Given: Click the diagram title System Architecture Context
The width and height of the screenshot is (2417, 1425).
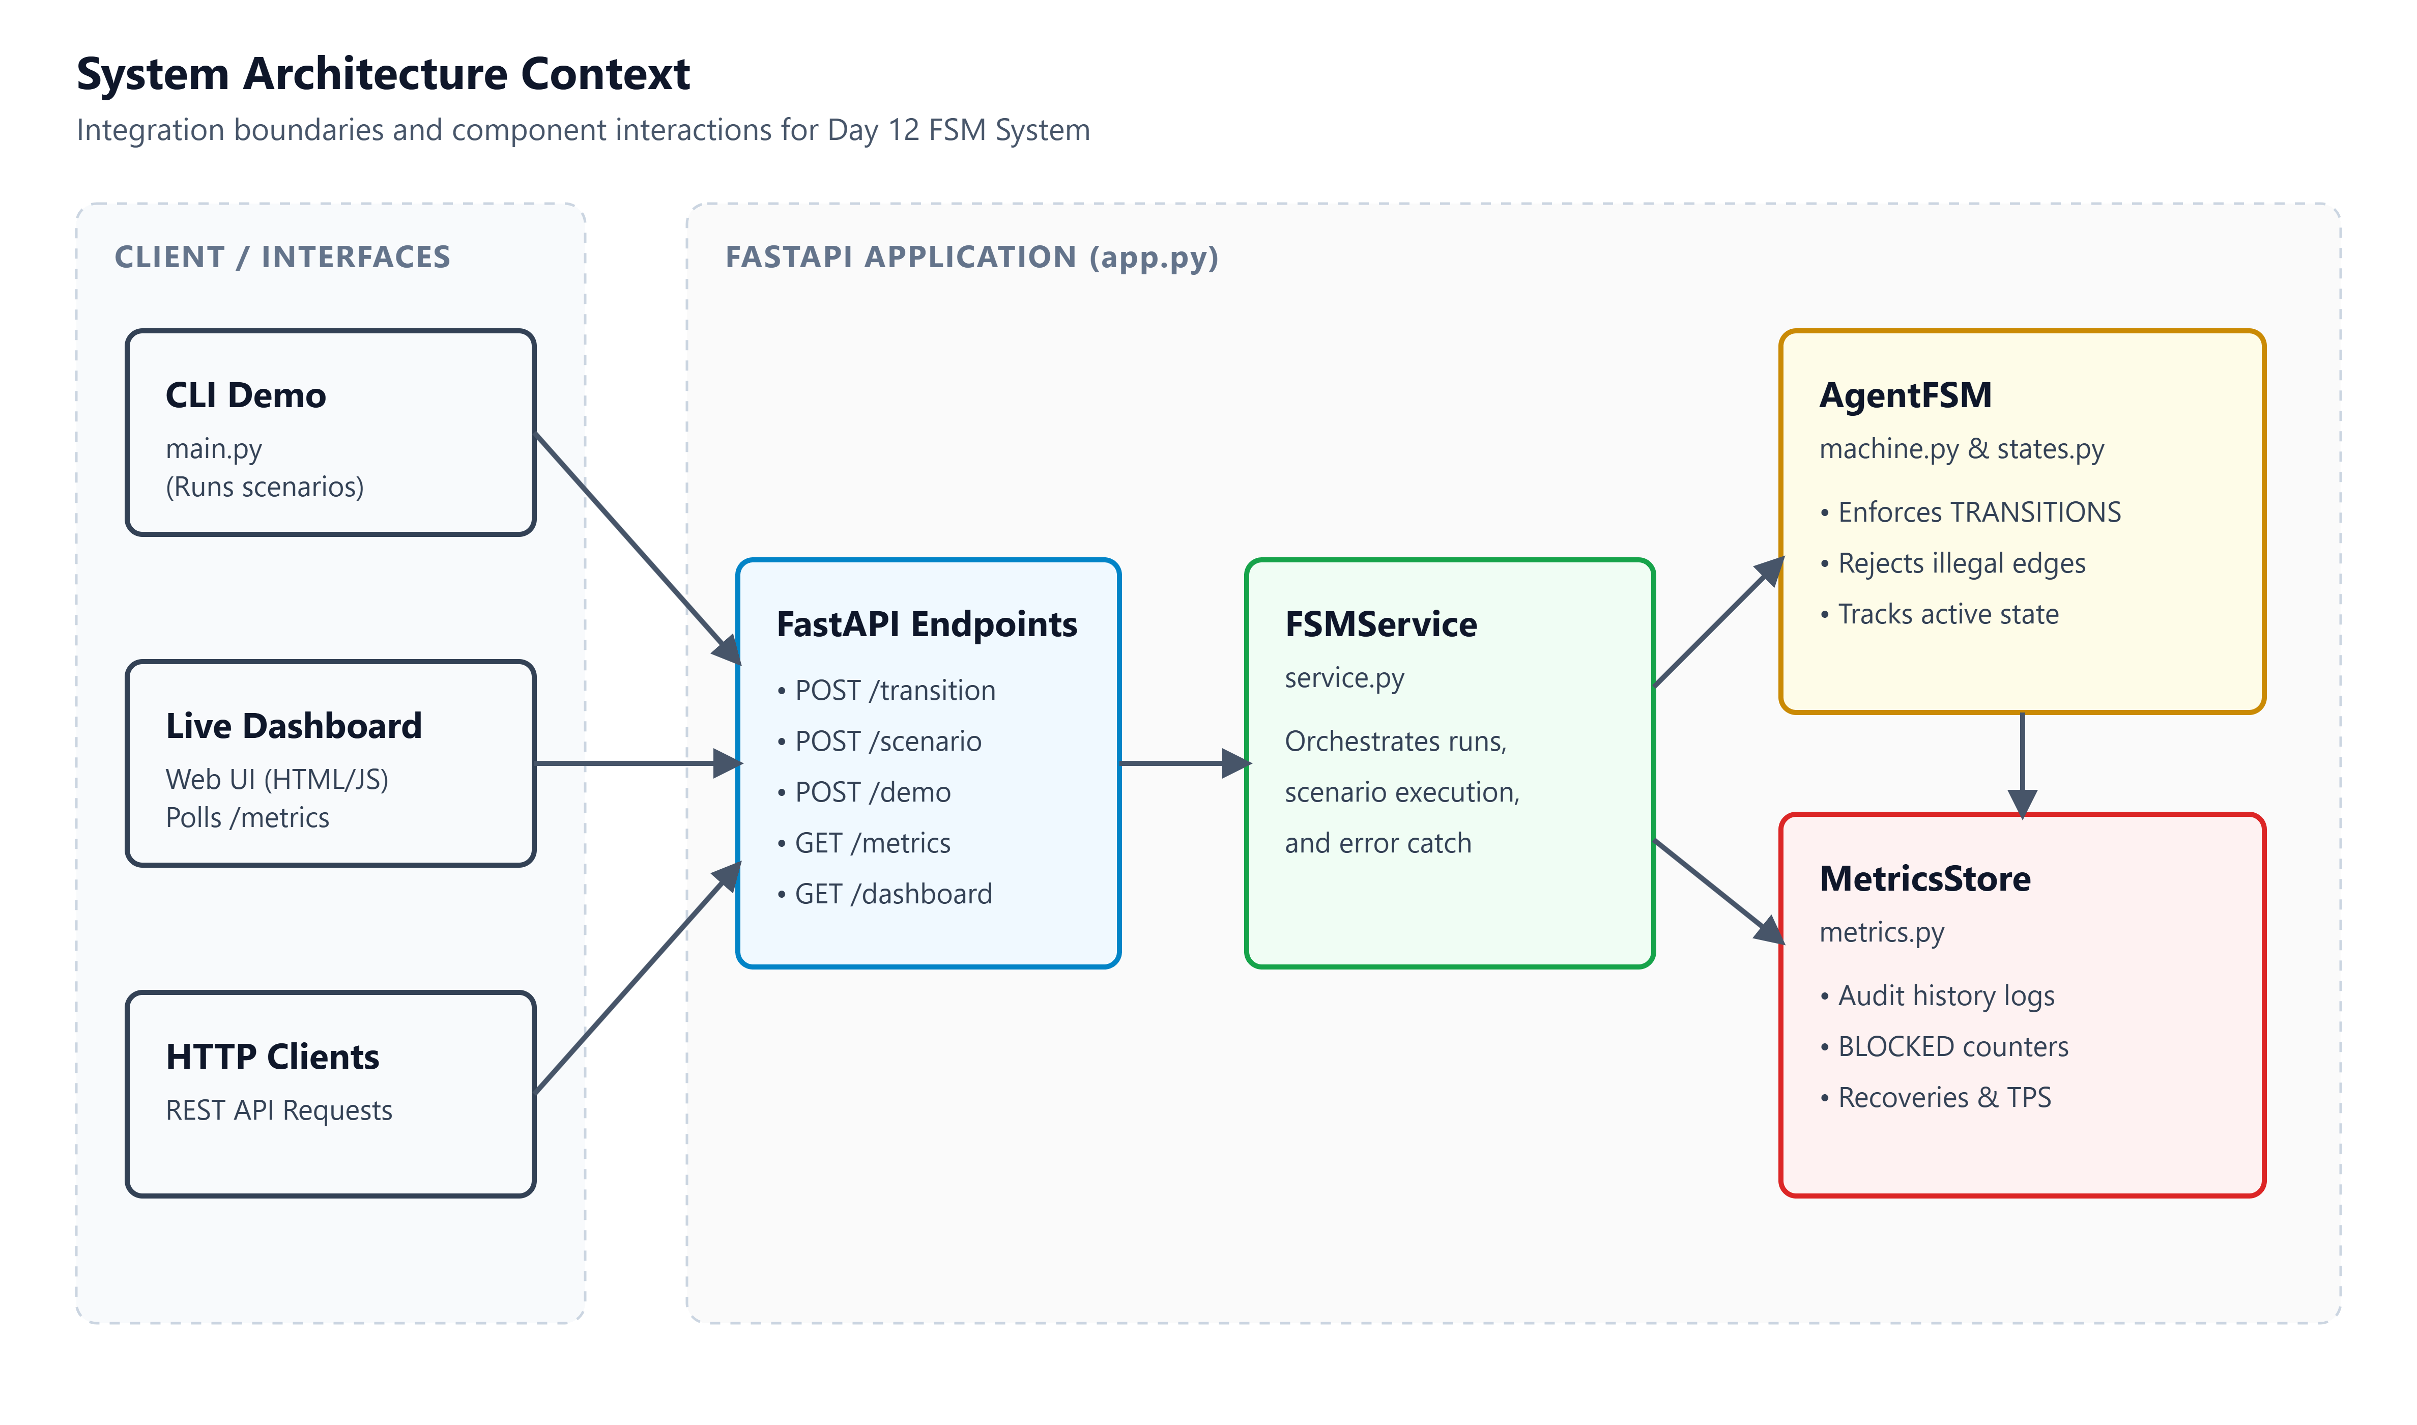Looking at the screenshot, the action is pos(383,74).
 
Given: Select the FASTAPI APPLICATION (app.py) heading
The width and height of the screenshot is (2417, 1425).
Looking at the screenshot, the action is pos(971,258).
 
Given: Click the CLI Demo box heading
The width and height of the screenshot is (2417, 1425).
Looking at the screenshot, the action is pos(246,394).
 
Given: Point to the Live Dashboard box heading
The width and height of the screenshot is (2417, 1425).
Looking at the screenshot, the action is pos(294,725).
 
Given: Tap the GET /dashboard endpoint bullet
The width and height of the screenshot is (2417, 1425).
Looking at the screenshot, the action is pos(884,894).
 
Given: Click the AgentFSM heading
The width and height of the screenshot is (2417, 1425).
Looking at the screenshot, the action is pos(1906,394).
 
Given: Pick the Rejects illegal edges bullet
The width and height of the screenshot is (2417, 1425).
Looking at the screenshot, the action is pos(1952,564).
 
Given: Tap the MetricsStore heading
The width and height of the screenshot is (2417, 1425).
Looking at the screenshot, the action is pos(1924,878).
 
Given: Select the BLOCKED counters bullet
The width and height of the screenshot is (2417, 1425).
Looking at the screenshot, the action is pos(1944,1047).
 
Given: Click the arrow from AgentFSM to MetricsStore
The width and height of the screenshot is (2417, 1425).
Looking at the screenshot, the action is pos(2023,764).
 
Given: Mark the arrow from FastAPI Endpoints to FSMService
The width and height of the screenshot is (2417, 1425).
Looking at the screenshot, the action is pos(1186,763).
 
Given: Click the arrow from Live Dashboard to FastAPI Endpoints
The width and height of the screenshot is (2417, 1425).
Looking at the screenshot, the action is pos(638,763).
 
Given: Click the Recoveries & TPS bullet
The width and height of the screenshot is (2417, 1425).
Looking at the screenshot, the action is pos(1935,1098).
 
